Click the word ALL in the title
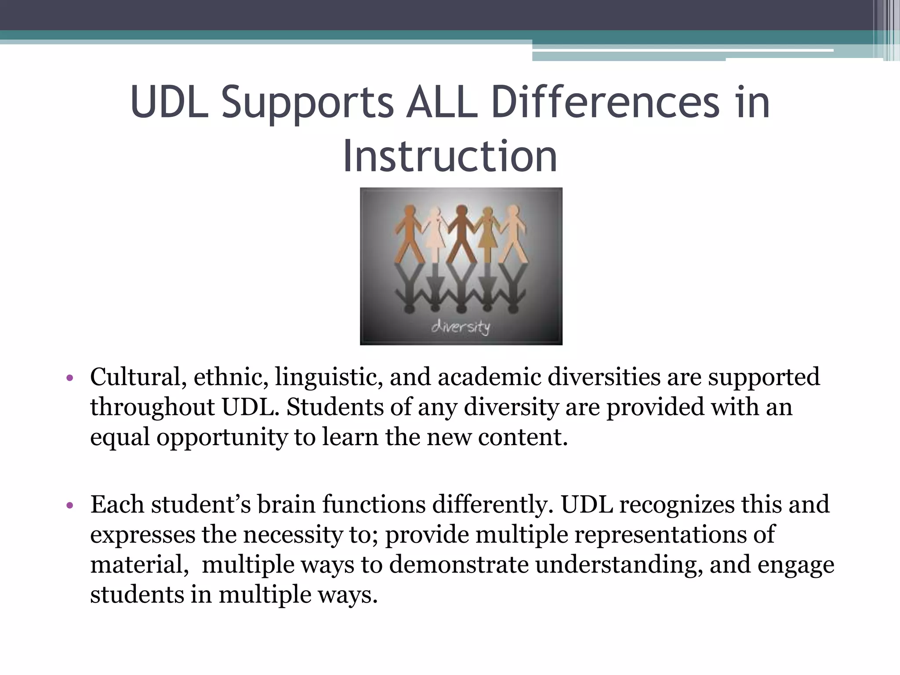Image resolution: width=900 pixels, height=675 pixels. click(x=441, y=102)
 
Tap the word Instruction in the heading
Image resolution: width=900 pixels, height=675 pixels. click(x=450, y=156)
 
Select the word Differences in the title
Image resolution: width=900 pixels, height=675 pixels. click(x=605, y=102)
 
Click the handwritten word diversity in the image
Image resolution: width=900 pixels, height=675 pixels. click(x=460, y=327)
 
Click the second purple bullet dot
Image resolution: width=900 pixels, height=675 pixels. click(x=69, y=505)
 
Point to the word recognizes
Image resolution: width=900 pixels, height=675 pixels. click(x=677, y=504)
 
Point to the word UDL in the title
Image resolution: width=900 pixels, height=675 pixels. click(x=169, y=102)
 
